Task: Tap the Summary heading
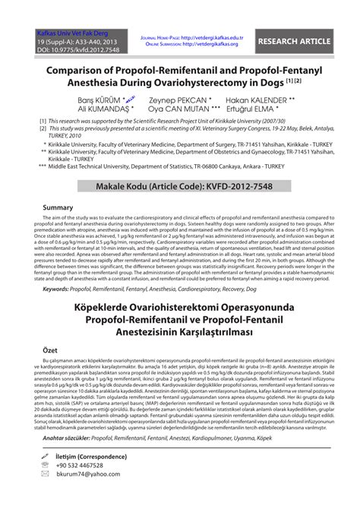click(58, 207)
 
